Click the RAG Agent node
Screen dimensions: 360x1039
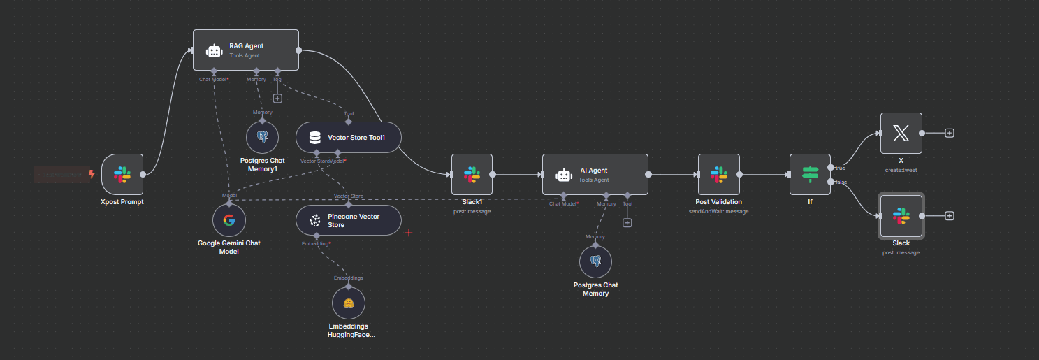245,50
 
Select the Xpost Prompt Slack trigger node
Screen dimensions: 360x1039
122,175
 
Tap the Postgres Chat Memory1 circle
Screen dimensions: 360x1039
263,137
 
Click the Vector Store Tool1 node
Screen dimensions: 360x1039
349,138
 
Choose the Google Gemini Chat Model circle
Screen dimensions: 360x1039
228,221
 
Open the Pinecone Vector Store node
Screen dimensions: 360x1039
349,220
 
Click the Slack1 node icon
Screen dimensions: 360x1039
472,175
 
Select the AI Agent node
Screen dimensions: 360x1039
595,175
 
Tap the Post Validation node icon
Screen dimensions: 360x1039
718,175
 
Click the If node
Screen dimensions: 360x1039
810,175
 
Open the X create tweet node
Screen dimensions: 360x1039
901,133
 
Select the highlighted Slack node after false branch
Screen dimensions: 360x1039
901,216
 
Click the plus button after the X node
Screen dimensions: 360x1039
950,133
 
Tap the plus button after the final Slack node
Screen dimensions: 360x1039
950,216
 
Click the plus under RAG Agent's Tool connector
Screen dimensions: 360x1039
277,99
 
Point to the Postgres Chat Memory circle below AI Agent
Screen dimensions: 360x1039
595,261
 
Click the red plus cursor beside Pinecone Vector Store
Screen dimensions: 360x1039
409,232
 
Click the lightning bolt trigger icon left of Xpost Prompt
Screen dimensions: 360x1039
92,174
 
